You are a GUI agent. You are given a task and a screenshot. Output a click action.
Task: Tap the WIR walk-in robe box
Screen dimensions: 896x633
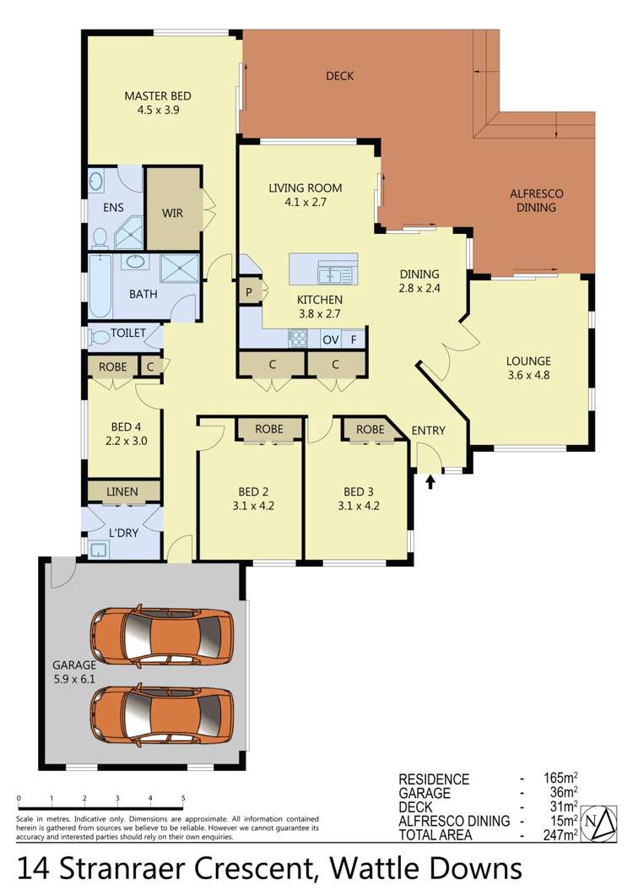(173, 213)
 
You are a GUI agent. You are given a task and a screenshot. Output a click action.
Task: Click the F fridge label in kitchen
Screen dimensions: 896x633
(354, 339)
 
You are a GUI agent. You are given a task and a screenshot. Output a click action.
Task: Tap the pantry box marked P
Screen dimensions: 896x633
(250, 293)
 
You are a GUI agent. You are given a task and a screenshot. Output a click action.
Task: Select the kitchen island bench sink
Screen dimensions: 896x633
(334, 274)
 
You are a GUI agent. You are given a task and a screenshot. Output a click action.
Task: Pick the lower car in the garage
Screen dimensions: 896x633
(161, 714)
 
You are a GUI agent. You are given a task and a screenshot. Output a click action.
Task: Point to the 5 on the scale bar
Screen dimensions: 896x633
(183, 798)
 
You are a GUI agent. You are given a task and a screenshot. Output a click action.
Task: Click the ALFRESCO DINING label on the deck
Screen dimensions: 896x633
(537, 200)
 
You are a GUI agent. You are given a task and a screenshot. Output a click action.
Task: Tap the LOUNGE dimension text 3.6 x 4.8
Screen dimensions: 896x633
(530, 375)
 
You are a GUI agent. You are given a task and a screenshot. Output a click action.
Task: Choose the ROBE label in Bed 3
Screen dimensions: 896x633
(370, 429)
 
